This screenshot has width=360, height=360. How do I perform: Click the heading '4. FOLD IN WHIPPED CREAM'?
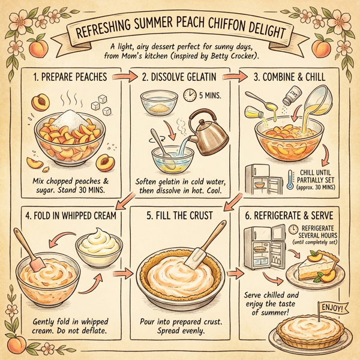[x=68, y=214]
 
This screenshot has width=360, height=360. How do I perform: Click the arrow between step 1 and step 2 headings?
[x=127, y=77]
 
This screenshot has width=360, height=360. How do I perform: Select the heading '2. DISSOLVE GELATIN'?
[x=179, y=77]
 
